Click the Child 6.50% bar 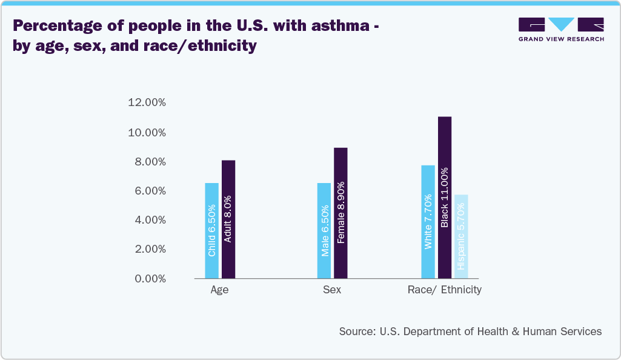211,230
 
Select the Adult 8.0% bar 228,219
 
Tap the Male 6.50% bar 324,230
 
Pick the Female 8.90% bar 340,213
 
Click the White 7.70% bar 428,222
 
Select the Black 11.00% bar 445,197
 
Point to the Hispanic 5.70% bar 461,236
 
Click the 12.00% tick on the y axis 147,103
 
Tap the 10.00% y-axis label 147,133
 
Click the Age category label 219,290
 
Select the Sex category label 332,290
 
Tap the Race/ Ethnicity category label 445,290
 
